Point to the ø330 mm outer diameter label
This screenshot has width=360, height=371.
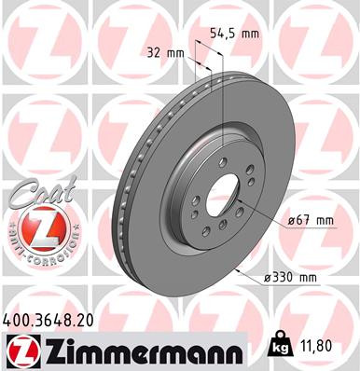coord(292,278)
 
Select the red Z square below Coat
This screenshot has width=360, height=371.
coord(35,227)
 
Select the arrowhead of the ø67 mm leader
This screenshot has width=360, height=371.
coord(239,200)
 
